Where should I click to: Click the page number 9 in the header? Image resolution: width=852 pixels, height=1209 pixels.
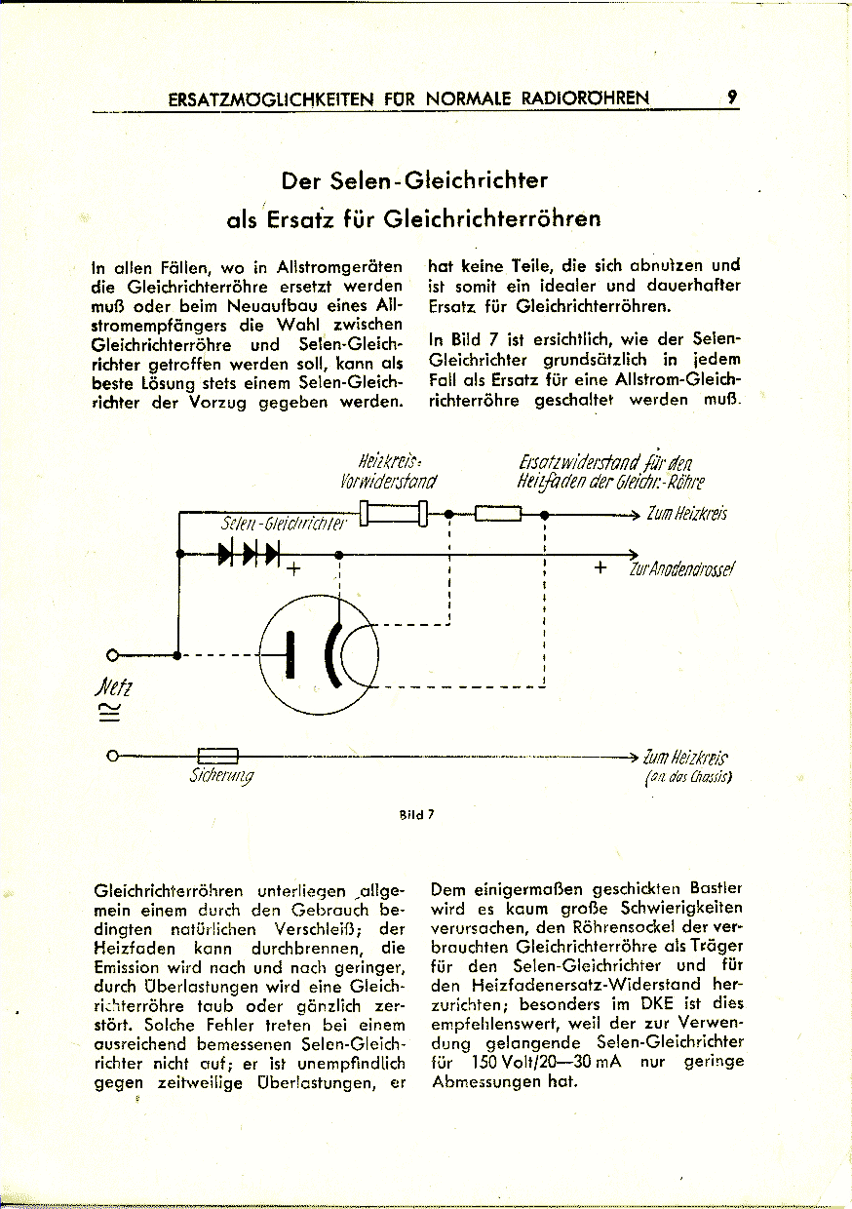click(x=732, y=97)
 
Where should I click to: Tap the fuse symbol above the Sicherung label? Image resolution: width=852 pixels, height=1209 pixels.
click(x=218, y=755)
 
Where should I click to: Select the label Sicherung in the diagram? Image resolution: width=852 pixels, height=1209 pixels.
click(x=221, y=776)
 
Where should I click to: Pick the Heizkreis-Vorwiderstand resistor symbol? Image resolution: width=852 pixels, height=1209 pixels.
click(x=394, y=512)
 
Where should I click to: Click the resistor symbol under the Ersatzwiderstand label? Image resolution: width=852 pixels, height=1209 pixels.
click(x=497, y=513)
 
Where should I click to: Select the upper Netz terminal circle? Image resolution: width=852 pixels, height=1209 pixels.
click(x=113, y=654)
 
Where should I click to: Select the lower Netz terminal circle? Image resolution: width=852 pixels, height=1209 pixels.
click(x=113, y=755)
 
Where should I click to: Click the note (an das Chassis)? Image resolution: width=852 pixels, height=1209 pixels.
click(x=688, y=777)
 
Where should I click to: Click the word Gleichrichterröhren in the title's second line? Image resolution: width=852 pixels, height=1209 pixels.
click(x=492, y=219)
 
